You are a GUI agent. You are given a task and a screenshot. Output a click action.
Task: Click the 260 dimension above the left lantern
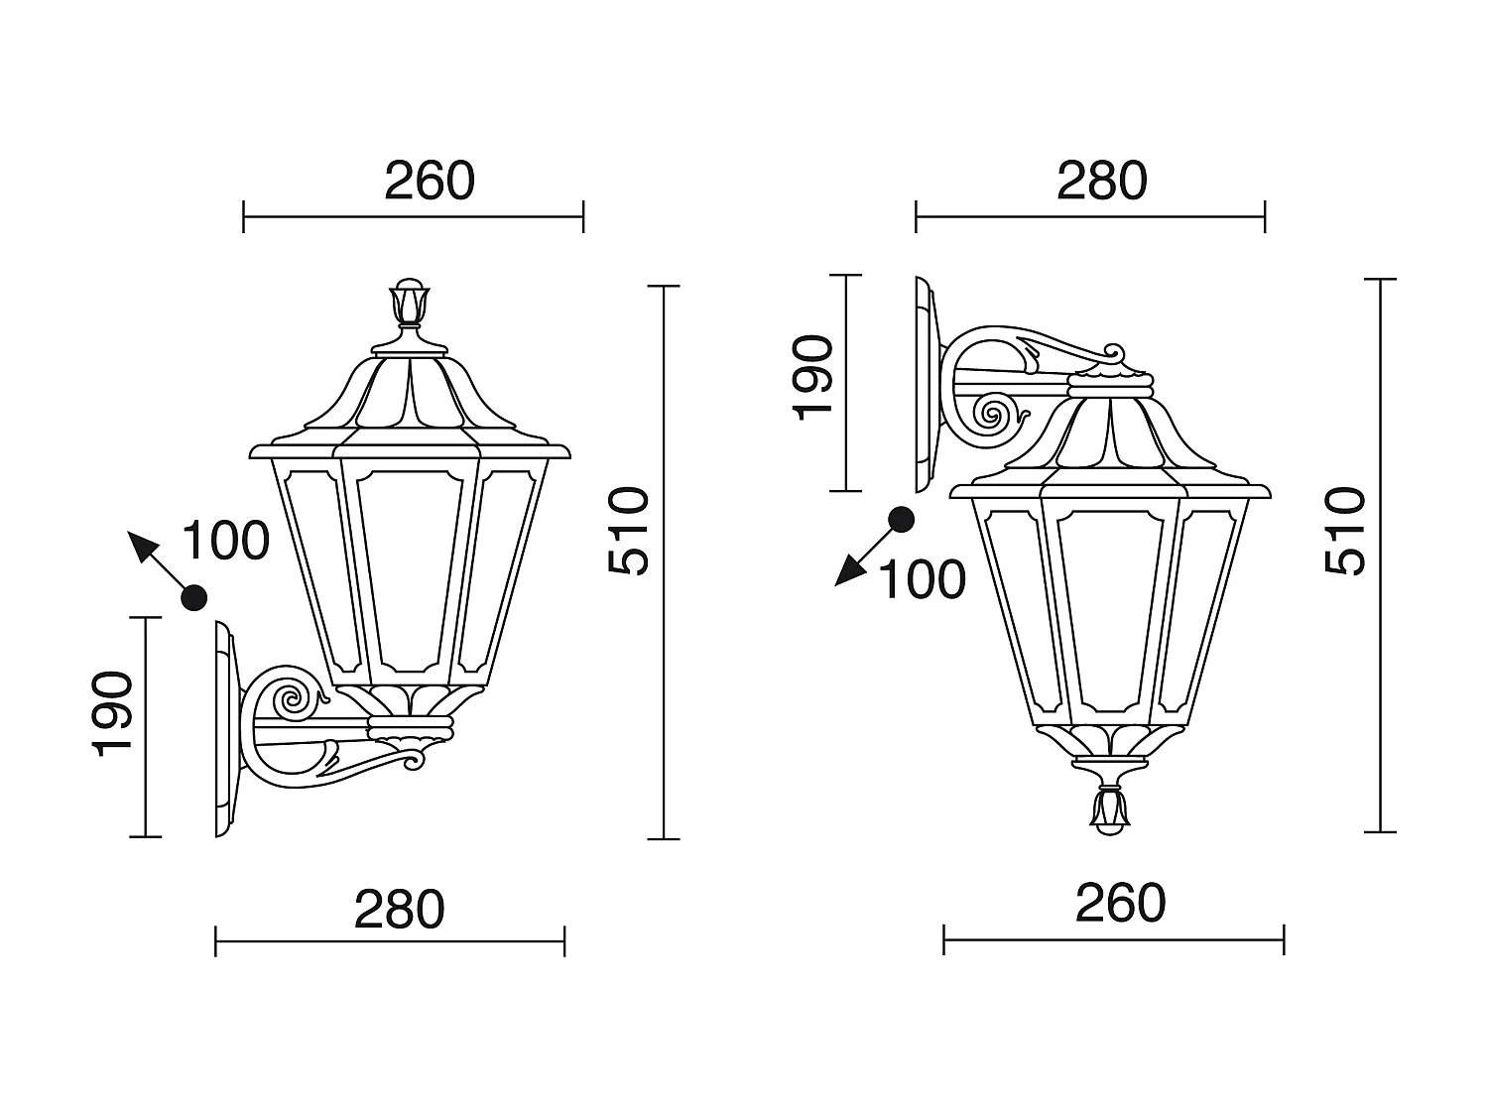pos(430,181)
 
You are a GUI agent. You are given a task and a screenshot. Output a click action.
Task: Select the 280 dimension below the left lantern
pos(400,910)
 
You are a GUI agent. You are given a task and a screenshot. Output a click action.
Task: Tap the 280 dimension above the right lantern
pos(1101,181)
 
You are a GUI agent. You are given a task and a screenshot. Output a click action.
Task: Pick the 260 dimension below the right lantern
pos(1120,903)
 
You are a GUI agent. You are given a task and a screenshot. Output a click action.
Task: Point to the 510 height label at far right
pos(1345,531)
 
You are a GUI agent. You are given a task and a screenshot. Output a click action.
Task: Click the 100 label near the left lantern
pos(225,541)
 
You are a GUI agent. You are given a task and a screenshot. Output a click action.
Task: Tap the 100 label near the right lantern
pos(923,579)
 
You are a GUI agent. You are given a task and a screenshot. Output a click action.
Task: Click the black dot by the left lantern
pos(193,597)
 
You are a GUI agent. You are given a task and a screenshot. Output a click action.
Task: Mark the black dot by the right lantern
pos(901,519)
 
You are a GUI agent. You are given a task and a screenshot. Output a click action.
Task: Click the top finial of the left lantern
pos(409,303)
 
